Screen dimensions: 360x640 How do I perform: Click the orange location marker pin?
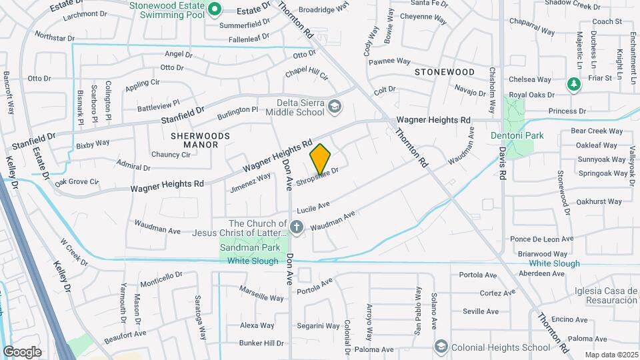(321, 159)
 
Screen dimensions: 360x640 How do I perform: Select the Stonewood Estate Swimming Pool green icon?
(215, 9)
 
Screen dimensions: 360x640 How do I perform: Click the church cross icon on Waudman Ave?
(297, 228)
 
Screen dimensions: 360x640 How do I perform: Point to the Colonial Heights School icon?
(441, 347)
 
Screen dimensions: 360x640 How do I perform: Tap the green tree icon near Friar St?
(573, 84)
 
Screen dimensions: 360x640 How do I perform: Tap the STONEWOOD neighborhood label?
(445, 71)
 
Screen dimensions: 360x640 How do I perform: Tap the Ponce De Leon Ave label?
(541, 239)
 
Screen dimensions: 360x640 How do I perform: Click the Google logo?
(22, 351)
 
